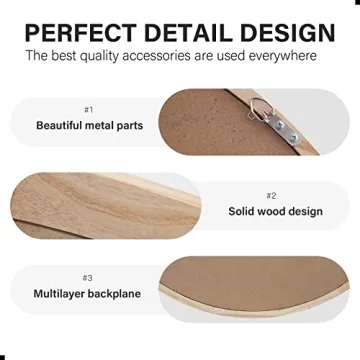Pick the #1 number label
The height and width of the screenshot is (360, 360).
(x=89, y=109)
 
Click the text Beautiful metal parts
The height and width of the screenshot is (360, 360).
(x=89, y=126)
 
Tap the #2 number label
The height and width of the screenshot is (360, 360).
(x=271, y=195)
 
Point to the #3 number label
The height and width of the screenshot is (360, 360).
(x=88, y=277)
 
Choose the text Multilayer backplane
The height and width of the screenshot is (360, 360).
(x=88, y=294)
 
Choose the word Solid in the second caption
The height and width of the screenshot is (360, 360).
(x=241, y=212)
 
